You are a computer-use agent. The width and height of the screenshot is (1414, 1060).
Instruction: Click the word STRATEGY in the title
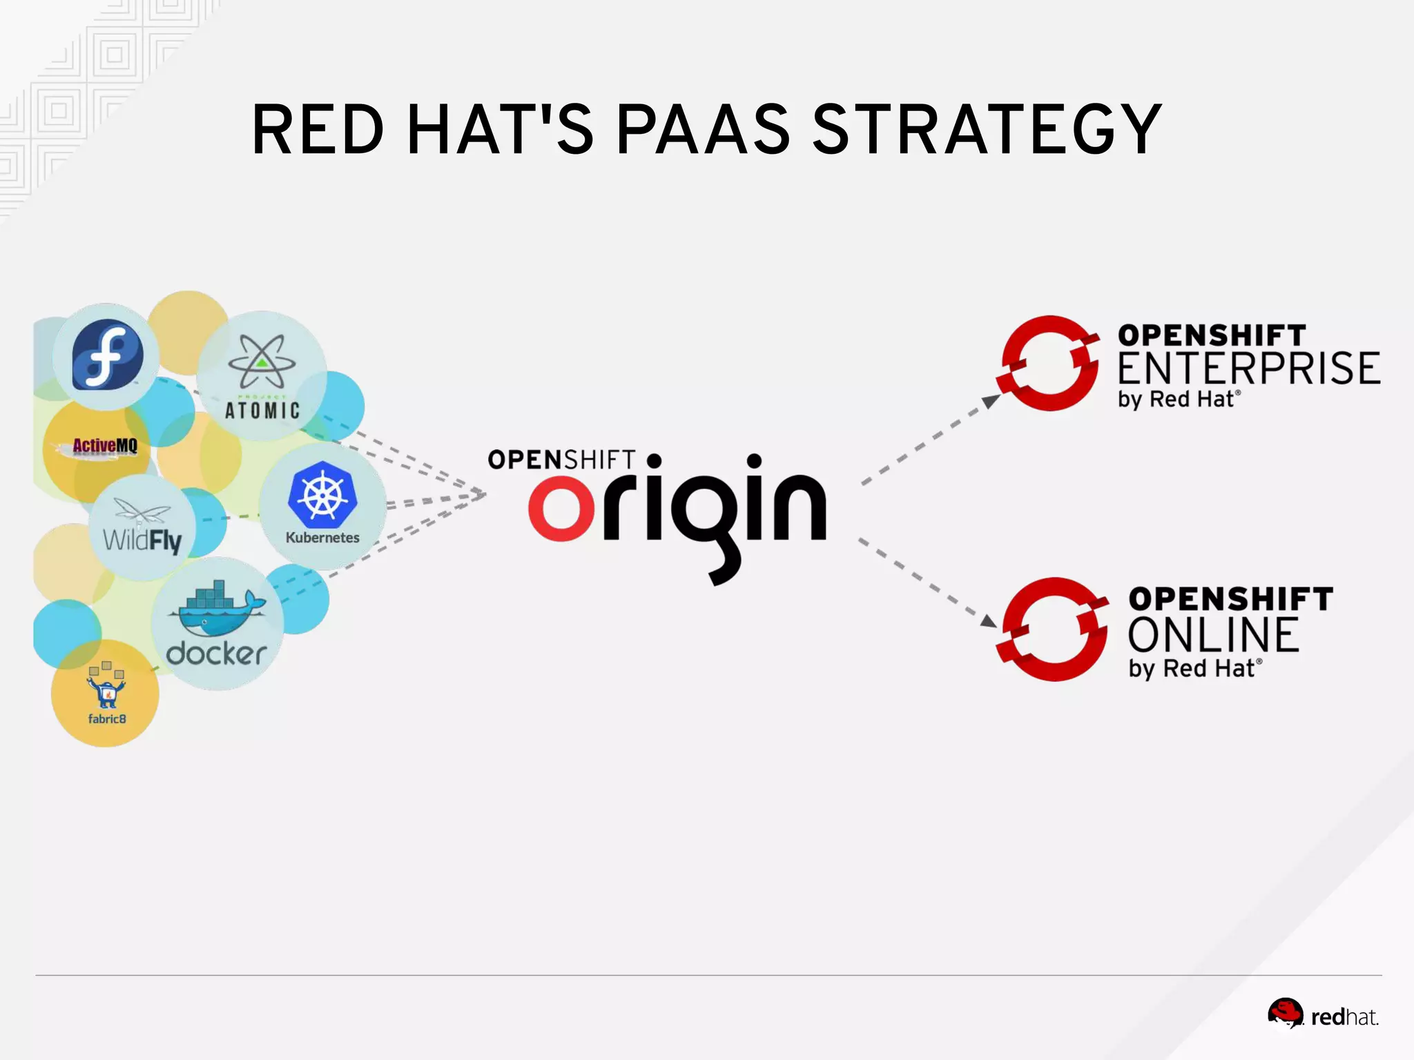[987, 129]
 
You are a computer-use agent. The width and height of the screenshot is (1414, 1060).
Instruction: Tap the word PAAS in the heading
[703, 129]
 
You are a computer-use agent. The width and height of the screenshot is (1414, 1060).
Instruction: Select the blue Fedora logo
[108, 355]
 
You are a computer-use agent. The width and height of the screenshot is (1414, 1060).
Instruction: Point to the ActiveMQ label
[105, 446]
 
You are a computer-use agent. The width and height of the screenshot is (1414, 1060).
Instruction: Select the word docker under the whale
[216, 654]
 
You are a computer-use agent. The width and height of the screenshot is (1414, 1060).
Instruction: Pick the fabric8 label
[107, 718]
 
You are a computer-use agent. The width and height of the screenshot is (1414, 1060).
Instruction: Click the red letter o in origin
[561, 508]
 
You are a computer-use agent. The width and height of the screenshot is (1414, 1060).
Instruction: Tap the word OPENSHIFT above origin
[561, 460]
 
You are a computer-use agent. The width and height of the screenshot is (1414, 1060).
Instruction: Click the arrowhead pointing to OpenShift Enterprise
[991, 400]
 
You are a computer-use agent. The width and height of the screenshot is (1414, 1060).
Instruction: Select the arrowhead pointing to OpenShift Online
[988, 620]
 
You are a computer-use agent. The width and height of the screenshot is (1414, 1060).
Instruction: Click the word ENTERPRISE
[1248, 369]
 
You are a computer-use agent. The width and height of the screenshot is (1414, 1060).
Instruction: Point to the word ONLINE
[1214, 635]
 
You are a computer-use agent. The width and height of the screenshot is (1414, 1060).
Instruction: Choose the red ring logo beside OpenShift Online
[1053, 629]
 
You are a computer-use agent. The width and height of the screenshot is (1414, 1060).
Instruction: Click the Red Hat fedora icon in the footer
[1285, 1013]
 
